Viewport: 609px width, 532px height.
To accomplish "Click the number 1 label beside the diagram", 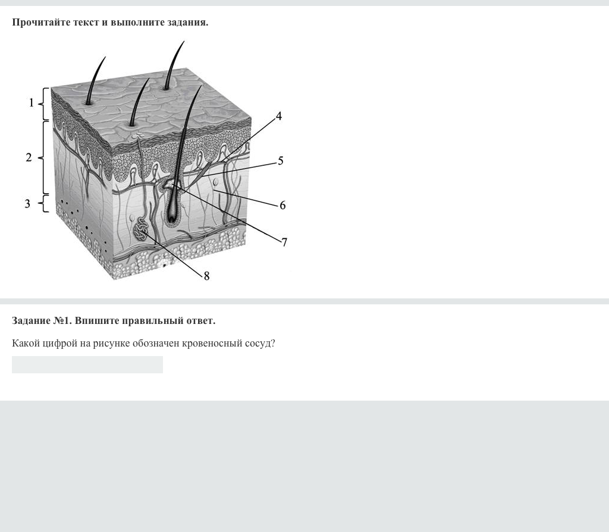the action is point(32,103).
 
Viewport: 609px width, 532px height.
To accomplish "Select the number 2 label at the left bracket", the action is point(29,158).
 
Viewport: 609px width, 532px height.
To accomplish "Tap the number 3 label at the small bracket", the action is point(27,203).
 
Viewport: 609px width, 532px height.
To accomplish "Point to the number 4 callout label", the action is point(278,116).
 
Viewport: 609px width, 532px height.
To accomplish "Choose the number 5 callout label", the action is point(281,160).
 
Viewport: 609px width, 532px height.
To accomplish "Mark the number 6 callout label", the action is point(282,205).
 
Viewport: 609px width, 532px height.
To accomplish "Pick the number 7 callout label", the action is point(284,243).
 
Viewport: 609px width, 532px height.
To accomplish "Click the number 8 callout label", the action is point(206,276).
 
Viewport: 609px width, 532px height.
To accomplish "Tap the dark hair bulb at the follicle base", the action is point(171,215).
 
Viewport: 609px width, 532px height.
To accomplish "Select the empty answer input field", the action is point(87,364).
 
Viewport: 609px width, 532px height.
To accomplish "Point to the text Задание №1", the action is point(42,321).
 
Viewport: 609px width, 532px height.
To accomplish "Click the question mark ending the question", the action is point(273,343).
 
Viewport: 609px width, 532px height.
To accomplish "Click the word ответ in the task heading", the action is point(201,321).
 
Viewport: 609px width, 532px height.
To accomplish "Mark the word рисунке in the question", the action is point(111,344).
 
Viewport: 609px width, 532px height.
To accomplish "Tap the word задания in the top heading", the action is point(188,23).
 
